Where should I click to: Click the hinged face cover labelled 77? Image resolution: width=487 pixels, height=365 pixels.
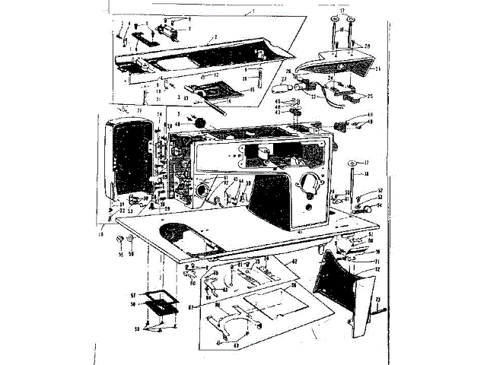click(126, 156)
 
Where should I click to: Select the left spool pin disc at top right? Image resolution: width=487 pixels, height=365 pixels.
click(334, 17)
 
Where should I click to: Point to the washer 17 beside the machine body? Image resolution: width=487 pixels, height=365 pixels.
click(353, 163)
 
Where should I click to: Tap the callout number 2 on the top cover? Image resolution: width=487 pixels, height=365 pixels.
click(215, 37)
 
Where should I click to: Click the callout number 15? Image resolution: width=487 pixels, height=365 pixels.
click(232, 89)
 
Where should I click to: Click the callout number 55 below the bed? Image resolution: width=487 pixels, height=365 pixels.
click(120, 253)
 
